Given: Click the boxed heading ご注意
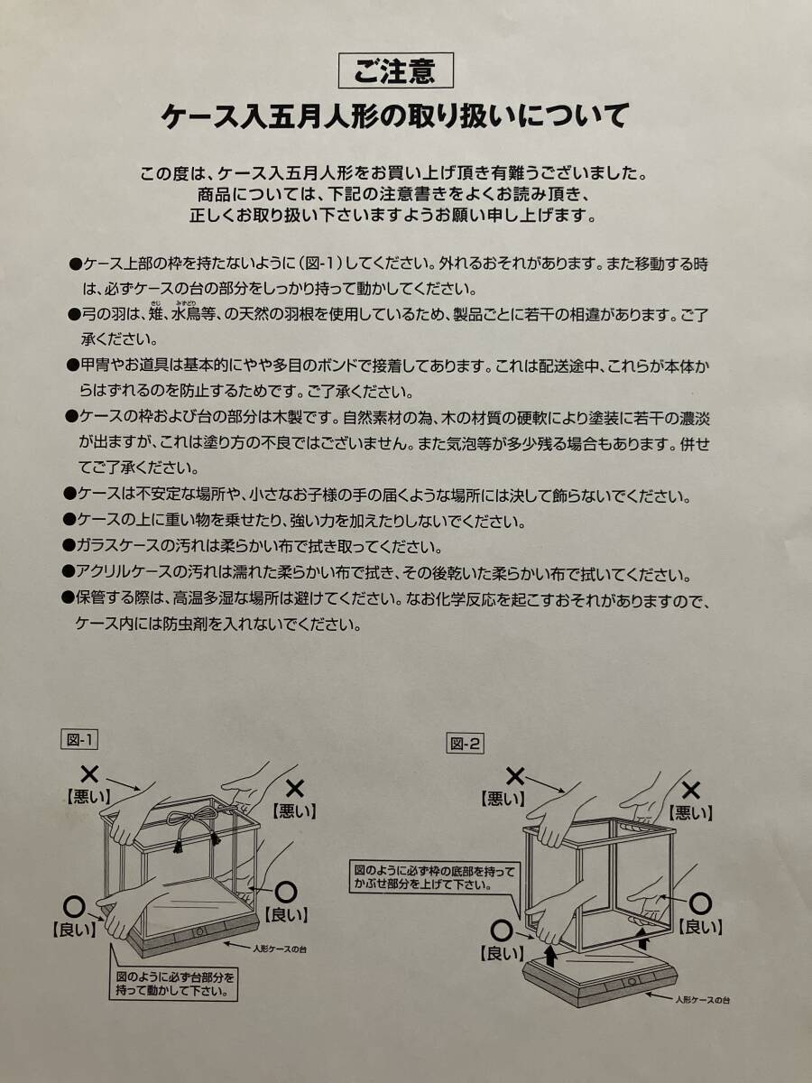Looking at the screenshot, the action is coord(396,71).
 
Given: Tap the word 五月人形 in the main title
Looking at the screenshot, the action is coord(324,117).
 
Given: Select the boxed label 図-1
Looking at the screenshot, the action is coord(78,740).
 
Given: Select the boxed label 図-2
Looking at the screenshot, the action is coord(465,743).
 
